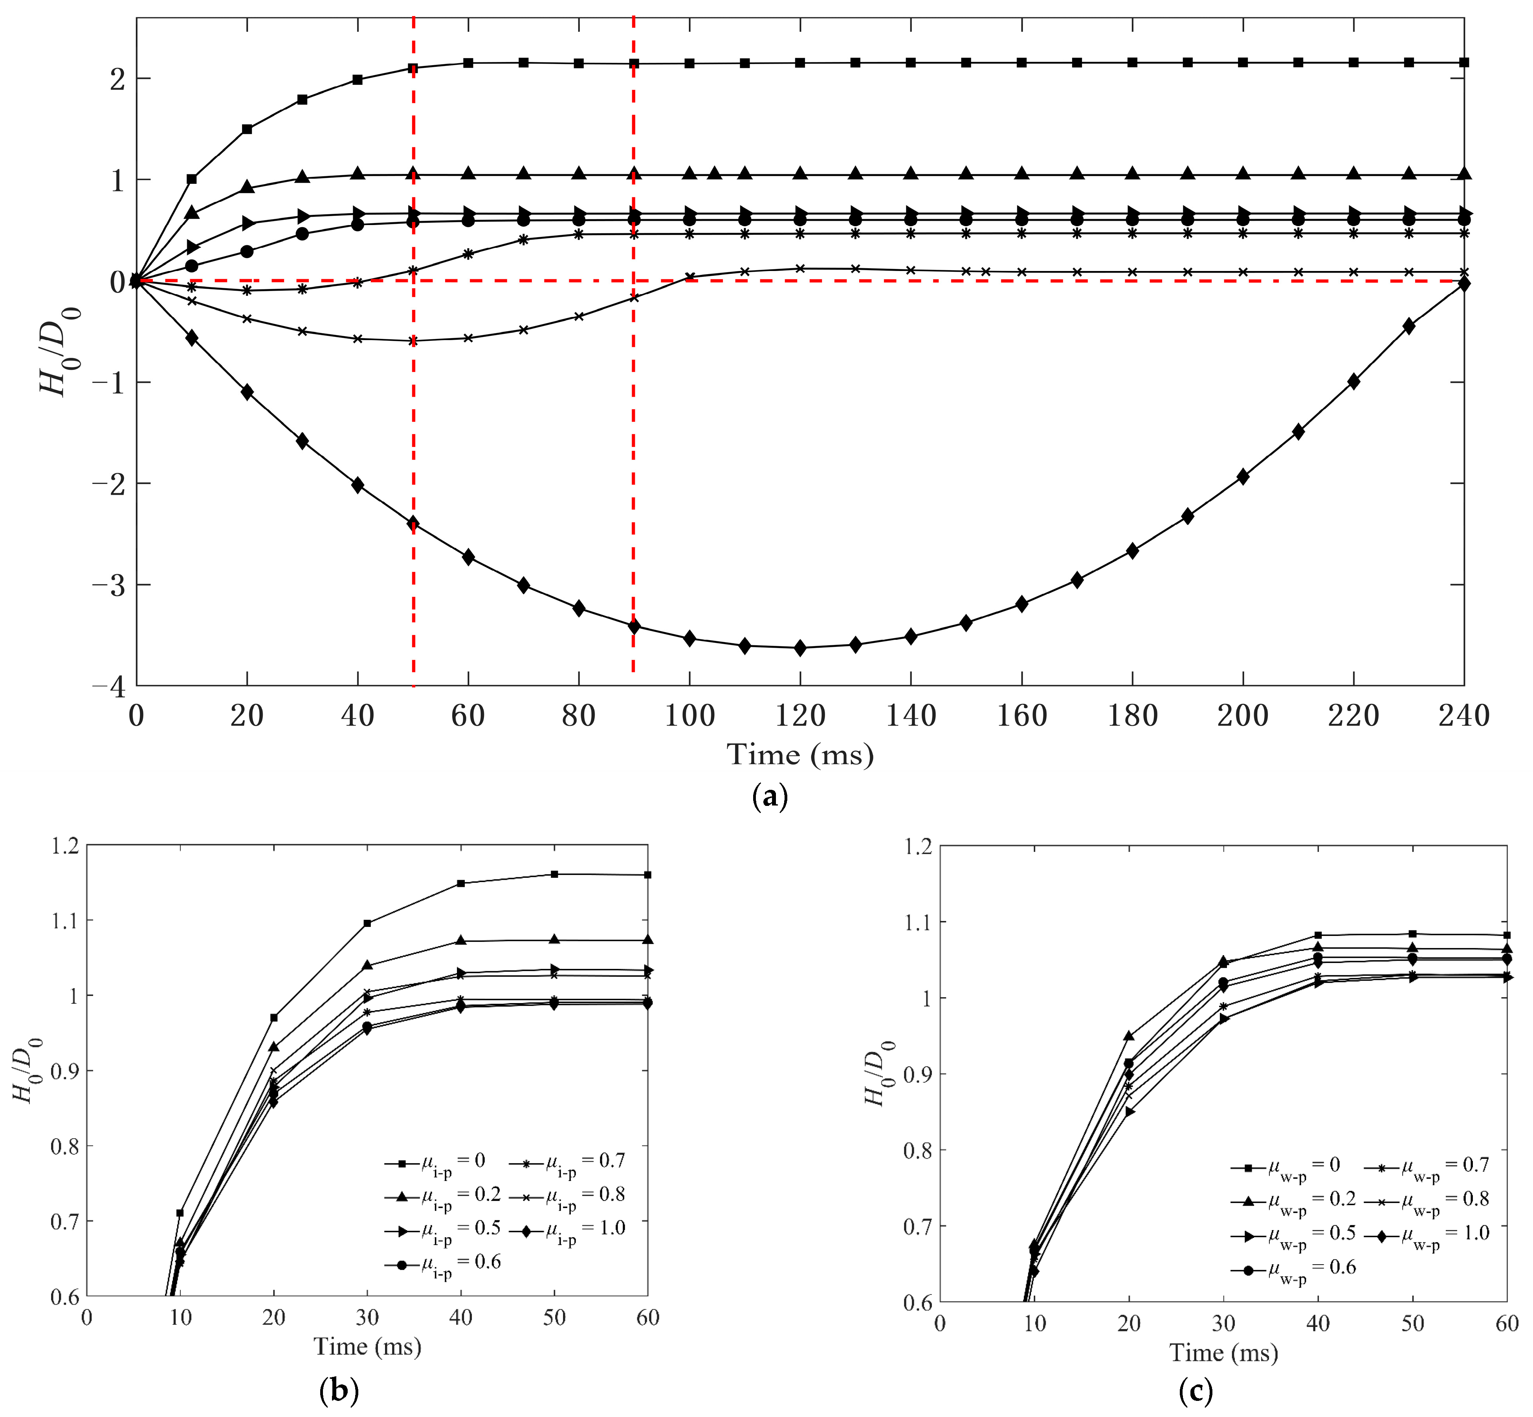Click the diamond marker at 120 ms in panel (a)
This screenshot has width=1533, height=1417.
click(x=800, y=648)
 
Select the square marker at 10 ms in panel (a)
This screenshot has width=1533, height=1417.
click(x=192, y=179)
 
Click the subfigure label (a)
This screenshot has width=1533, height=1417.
click(x=770, y=797)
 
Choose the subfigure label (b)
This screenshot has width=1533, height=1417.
click(x=338, y=1389)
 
